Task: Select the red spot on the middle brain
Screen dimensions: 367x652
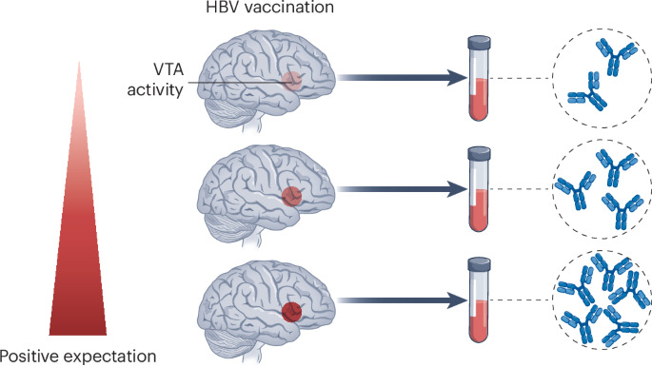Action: [x=293, y=197]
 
